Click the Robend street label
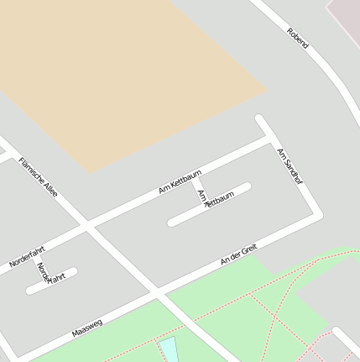(x=298, y=38)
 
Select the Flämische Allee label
(x=39, y=177)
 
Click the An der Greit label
(x=238, y=255)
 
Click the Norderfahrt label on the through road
(x=27, y=257)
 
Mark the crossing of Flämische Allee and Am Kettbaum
(x=86, y=225)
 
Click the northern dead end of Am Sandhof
(x=260, y=119)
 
